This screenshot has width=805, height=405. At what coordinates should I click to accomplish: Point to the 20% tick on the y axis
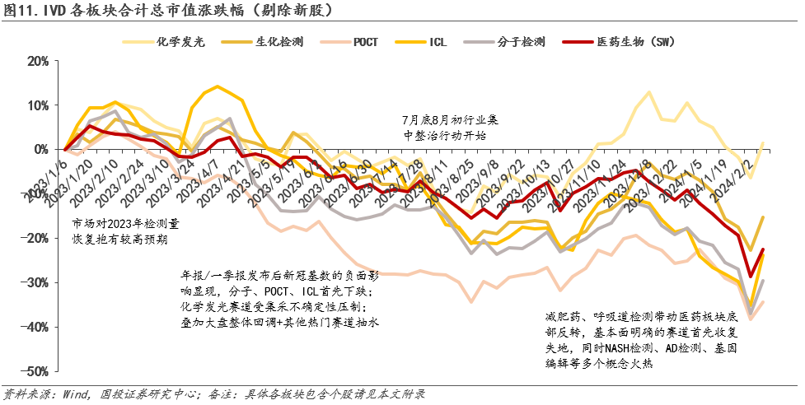coord(37,61)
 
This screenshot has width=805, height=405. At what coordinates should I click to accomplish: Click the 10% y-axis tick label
coord(37,105)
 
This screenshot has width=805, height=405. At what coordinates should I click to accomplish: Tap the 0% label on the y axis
coord(40,150)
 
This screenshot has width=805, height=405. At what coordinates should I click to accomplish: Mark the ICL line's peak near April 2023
coord(217,86)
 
